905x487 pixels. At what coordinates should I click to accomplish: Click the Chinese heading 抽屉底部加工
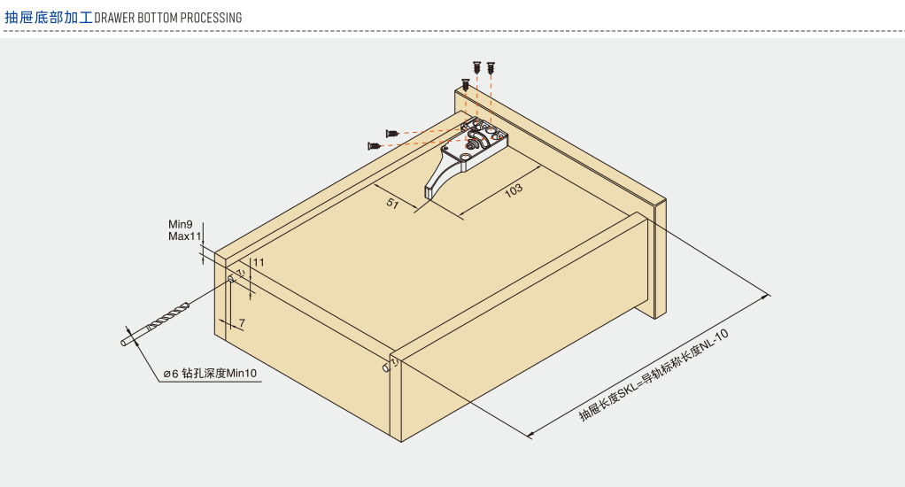[48, 17]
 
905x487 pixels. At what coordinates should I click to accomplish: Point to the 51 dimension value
[392, 204]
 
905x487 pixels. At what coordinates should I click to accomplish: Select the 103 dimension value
[513, 189]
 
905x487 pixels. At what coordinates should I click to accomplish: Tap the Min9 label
[181, 225]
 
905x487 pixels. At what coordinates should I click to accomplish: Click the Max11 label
[185, 236]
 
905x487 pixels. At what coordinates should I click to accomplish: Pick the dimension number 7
[242, 324]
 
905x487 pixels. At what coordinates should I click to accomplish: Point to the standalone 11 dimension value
[258, 262]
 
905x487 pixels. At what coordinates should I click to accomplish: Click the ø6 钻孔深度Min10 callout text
[210, 374]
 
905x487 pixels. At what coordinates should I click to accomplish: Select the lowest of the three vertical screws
[465, 85]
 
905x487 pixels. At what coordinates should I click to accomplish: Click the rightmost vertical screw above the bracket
[491, 66]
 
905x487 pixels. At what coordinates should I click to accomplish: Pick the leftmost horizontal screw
[375, 144]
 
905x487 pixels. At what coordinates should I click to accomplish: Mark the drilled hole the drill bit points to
[232, 279]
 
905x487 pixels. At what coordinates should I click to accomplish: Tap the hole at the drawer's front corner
[387, 366]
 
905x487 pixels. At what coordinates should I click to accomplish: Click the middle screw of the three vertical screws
[477, 66]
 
